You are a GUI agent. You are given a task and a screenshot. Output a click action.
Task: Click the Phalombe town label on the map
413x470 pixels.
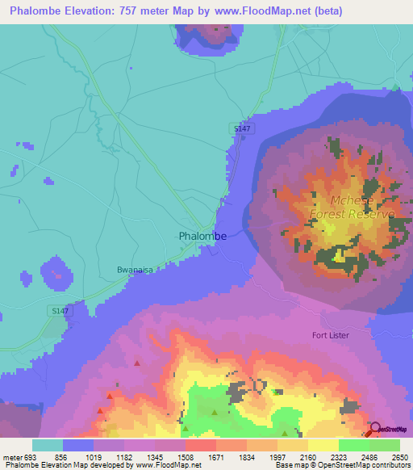[x=202, y=237]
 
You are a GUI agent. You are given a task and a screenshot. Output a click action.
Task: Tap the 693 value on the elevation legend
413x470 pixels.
[x=30, y=456]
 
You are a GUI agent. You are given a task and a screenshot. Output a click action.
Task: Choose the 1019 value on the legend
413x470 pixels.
[x=94, y=456]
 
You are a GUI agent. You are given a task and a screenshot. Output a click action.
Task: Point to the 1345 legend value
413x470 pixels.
[x=156, y=456]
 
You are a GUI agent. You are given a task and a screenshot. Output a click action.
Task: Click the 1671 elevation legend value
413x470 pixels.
[x=216, y=456]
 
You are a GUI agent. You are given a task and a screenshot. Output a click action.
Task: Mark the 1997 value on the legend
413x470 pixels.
[x=277, y=456]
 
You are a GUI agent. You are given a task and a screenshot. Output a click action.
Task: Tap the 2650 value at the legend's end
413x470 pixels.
[x=400, y=456]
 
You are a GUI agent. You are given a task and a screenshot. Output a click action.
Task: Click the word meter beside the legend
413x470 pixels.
[x=11, y=456]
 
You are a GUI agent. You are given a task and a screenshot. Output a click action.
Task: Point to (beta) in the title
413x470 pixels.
[x=326, y=11]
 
